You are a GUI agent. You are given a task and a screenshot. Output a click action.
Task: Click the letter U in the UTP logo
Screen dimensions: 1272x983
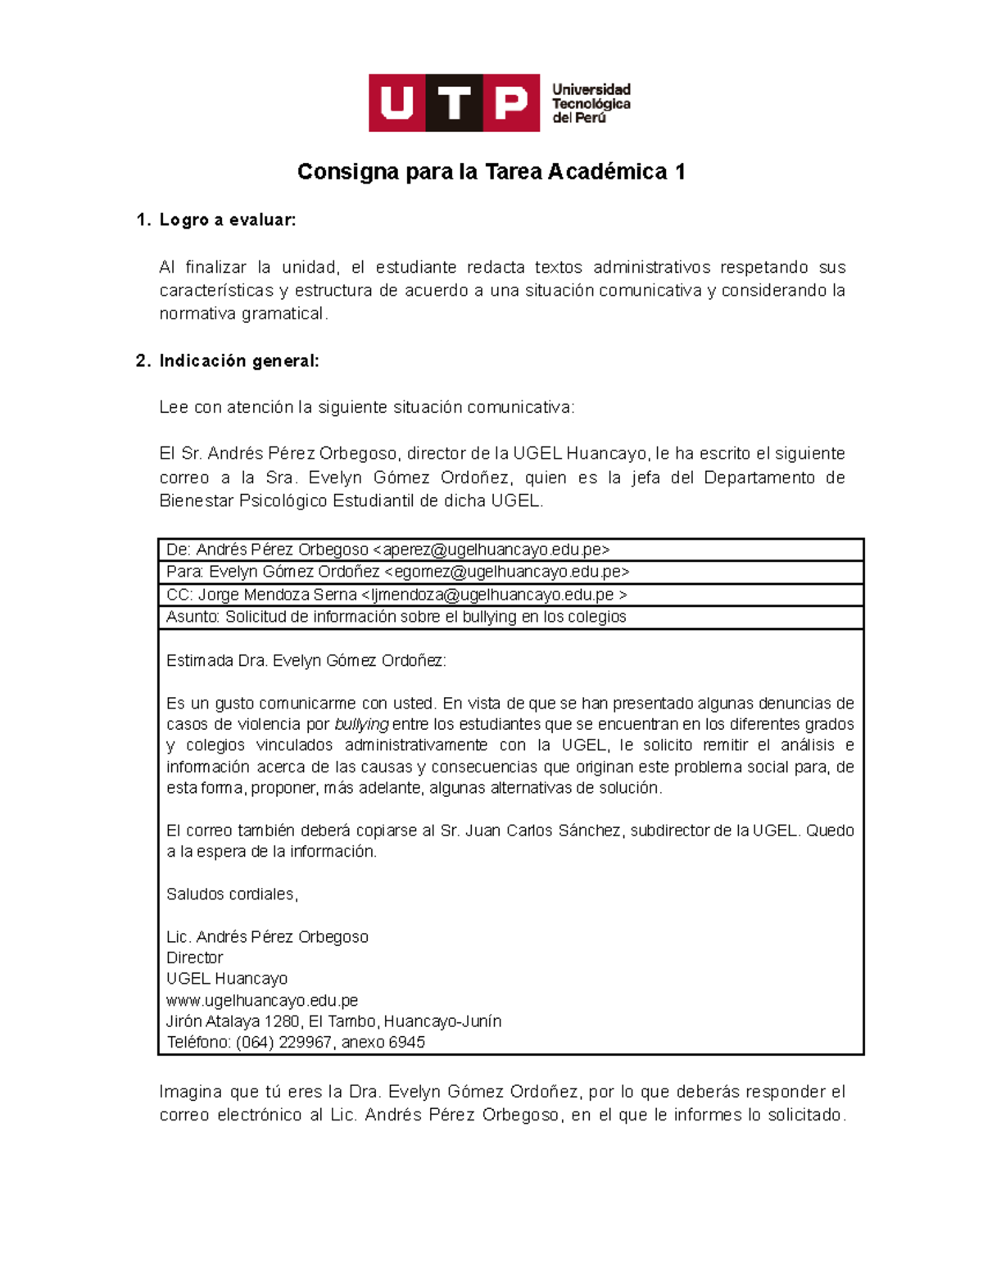(x=397, y=103)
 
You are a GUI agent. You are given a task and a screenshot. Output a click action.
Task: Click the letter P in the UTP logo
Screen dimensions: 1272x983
(x=511, y=103)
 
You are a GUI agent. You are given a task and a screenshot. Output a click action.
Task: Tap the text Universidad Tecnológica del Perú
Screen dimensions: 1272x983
(x=591, y=103)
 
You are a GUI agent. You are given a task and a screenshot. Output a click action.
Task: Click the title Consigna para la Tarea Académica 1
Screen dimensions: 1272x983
(x=491, y=172)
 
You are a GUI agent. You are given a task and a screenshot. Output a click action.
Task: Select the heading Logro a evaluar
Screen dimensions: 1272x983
(x=227, y=220)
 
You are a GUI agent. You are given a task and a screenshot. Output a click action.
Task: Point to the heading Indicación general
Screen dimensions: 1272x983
(x=238, y=360)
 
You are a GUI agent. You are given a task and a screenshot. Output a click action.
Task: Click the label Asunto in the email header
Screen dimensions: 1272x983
(x=193, y=617)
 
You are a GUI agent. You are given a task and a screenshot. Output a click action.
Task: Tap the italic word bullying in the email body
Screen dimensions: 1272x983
(x=361, y=724)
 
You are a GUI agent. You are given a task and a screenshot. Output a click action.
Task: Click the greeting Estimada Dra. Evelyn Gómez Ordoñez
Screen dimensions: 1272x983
(x=306, y=661)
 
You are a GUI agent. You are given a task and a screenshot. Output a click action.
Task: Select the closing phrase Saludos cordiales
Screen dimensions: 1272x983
(x=232, y=894)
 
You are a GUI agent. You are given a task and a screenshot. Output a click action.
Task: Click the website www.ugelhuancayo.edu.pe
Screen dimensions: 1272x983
(x=262, y=1000)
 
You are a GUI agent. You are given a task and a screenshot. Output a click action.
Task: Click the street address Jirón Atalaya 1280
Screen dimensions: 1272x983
(x=233, y=1021)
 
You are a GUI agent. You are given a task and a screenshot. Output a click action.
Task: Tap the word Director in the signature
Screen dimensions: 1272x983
(x=194, y=957)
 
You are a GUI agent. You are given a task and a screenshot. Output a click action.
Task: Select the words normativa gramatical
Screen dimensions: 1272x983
(x=242, y=314)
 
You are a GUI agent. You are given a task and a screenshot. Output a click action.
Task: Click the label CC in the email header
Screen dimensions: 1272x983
(x=179, y=595)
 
